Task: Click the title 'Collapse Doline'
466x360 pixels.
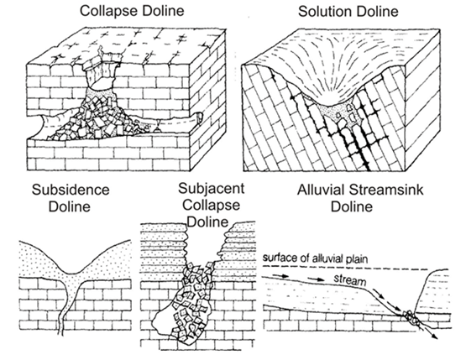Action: coord(132,11)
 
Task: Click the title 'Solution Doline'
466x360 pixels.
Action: coord(348,12)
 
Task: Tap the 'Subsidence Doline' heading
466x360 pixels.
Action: coord(71,198)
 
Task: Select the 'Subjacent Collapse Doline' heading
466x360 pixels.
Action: coord(211,205)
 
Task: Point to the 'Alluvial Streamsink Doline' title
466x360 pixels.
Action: coord(360,198)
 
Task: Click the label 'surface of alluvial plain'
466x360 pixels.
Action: coord(315,258)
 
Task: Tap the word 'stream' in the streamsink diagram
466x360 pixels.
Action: coord(349,279)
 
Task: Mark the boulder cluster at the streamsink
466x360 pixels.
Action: coord(411,318)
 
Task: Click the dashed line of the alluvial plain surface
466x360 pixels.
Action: coord(345,268)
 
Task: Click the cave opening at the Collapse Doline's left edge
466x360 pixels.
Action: coord(45,126)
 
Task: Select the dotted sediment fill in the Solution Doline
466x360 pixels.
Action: coord(339,112)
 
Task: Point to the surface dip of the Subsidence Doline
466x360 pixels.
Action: coord(71,271)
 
